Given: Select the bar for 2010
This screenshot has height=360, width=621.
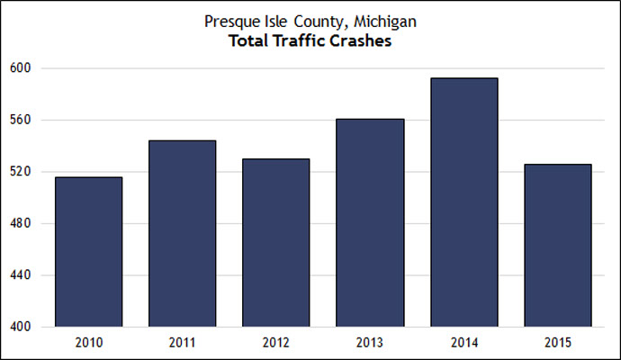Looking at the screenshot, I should point(88,252).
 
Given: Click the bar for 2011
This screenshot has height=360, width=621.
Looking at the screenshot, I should point(182,234).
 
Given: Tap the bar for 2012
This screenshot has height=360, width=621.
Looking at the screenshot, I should point(275,243).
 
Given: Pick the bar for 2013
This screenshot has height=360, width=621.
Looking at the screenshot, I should point(370,222).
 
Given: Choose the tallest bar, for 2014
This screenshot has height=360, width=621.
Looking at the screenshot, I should point(463,202).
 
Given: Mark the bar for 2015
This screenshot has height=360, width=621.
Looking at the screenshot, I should point(557,245).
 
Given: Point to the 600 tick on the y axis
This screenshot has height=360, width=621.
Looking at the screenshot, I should point(21,68).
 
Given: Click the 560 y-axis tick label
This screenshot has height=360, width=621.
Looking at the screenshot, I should point(21,120).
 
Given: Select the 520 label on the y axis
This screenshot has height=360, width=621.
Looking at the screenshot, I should point(21,172).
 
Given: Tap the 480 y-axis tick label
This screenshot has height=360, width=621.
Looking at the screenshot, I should point(21,223).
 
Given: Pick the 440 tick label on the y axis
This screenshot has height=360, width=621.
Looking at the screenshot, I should point(21,275).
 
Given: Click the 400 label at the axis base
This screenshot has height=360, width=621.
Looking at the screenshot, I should point(21,327).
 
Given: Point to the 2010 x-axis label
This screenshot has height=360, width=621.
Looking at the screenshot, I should point(88,343).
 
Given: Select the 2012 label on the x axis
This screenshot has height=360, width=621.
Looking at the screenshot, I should point(275,343).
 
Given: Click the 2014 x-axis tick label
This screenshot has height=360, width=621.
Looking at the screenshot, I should point(463,343).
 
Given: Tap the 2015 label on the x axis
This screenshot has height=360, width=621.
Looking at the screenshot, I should point(557,343).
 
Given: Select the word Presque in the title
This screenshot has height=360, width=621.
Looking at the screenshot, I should point(231,21).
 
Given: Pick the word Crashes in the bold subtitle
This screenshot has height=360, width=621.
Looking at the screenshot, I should point(360,40).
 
